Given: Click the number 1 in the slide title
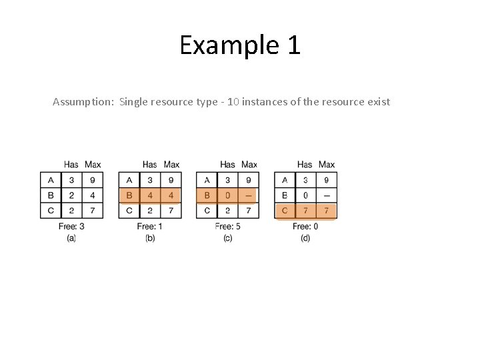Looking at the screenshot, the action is [293, 45].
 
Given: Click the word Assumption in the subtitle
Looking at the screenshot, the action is [83, 102].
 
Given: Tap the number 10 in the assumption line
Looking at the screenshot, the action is [233, 102].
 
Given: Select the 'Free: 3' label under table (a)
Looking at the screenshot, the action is [71, 227].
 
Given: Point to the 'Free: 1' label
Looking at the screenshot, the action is [149, 227].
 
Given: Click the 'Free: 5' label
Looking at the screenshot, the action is [227, 227].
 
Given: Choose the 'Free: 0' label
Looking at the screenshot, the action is [305, 227].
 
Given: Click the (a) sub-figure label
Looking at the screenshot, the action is [71, 238].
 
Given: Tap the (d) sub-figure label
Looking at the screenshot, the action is [305, 238].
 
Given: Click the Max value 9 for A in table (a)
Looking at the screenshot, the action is [93, 180].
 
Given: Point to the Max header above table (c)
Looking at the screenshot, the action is [249, 165].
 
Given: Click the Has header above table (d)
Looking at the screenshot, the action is [305, 165].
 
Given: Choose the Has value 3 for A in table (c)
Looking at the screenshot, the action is [227, 180].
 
